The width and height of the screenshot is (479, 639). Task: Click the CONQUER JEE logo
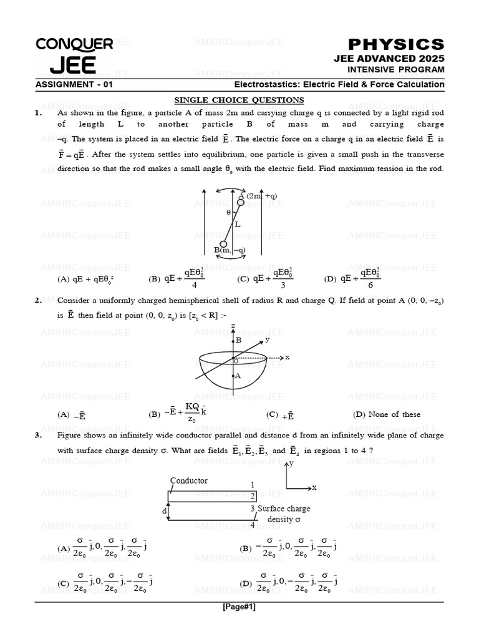tap(74, 55)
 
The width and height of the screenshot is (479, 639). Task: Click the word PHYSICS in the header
tap(396, 44)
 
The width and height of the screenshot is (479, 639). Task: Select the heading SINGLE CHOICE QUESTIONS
tap(239, 100)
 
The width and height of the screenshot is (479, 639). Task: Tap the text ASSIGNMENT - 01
tap(74, 85)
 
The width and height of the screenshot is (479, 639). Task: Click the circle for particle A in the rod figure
tap(241, 202)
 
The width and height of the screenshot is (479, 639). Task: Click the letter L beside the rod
tap(238, 223)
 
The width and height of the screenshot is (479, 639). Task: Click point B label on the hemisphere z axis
tap(238, 340)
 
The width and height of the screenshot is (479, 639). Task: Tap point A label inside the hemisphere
tap(238, 376)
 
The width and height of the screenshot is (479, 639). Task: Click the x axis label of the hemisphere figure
tap(288, 358)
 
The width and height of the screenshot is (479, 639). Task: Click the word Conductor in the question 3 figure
tap(189, 481)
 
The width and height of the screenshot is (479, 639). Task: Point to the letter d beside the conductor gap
tap(165, 511)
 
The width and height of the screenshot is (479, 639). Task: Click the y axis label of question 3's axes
tap(291, 464)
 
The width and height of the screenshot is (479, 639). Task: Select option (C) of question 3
tap(106, 582)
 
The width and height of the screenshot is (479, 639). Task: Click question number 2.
tap(39, 300)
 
